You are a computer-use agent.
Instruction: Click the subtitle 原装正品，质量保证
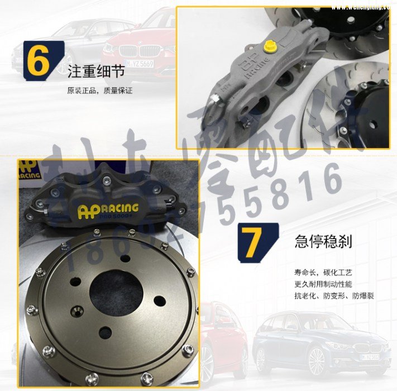click(99, 90)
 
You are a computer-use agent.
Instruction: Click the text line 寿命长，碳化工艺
click(324, 273)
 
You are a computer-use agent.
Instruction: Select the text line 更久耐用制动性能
click(324, 284)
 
